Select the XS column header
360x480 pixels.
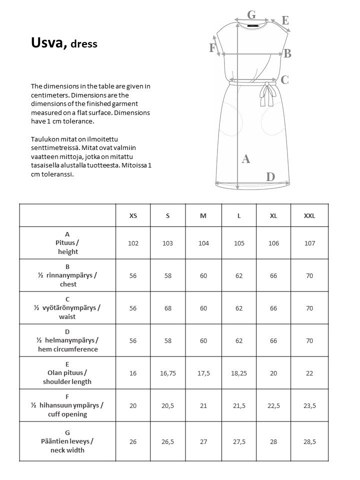click(x=133, y=216)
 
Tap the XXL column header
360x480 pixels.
click(x=309, y=216)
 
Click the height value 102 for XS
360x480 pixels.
click(x=133, y=243)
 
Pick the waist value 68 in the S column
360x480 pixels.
click(x=167, y=308)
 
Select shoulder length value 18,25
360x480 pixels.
click(x=239, y=373)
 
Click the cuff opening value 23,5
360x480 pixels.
click(x=309, y=405)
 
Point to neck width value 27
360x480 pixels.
click(x=203, y=442)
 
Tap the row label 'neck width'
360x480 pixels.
click(x=67, y=450)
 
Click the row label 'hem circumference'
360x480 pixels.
click(x=67, y=349)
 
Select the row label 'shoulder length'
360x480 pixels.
click(x=67, y=381)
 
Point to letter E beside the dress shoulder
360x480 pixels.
click(x=285, y=20)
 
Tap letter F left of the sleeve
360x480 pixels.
click(x=212, y=48)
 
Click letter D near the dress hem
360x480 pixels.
click(x=270, y=176)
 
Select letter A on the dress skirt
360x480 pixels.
click(x=245, y=159)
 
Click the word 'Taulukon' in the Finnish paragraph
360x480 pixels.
click(x=44, y=138)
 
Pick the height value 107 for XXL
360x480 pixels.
click(x=309, y=243)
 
